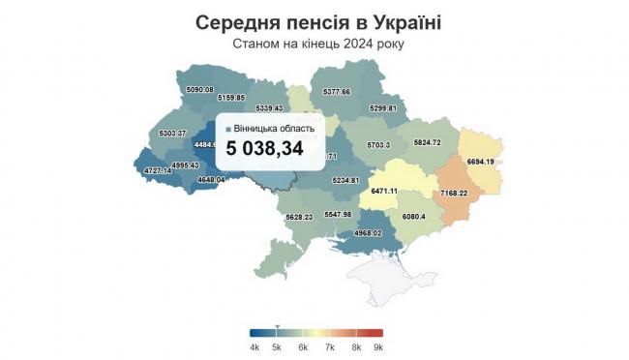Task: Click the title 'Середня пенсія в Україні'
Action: tap(314, 22)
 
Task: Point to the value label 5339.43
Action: tap(264, 108)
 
